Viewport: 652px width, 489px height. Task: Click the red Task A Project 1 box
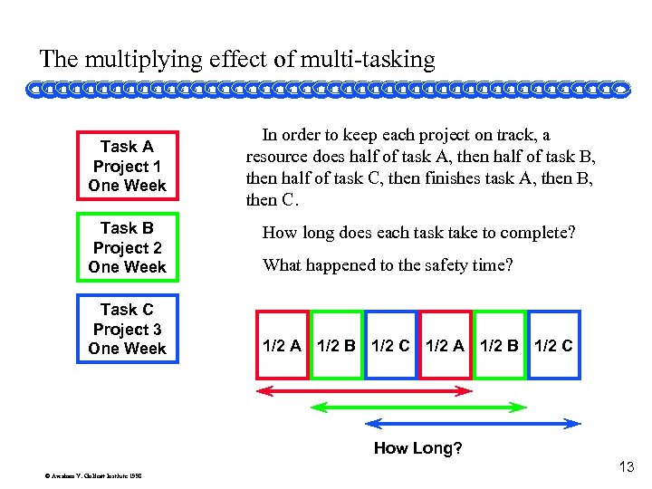(x=127, y=166)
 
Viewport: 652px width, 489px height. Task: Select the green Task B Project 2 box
(x=127, y=247)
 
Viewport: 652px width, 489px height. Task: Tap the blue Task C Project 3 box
(x=127, y=329)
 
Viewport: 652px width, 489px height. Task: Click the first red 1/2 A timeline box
(x=282, y=345)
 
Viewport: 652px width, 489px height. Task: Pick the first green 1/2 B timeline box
(x=336, y=345)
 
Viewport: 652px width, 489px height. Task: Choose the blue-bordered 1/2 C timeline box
(x=390, y=345)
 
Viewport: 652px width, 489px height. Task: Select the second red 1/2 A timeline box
(x=445, y=345)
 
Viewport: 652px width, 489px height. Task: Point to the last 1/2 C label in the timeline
(x=553, y=345)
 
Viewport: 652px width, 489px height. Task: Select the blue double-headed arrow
(x=472, y=422)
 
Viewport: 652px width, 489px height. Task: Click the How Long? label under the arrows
(x=418, y=448)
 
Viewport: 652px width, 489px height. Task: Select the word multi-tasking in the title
(x=371, y=61)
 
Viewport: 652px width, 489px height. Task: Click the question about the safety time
(x=387, y=265)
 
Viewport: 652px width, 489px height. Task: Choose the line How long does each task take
(x=418, y=233)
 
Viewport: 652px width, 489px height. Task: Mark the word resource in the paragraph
(x=274, y=155)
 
